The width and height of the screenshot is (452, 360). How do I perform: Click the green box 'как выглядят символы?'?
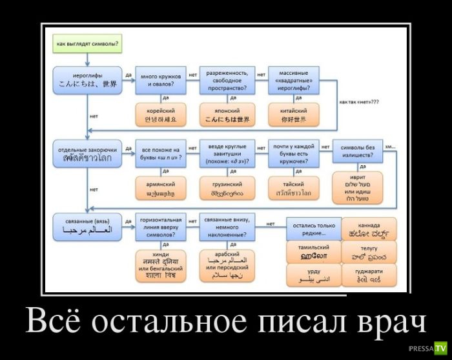pyautogui.click(x=83, y=45)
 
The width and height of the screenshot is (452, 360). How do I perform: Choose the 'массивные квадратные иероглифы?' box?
pyautogui.click(x=294, y=79)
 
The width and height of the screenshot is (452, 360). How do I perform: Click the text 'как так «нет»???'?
pyautogui.click(x=358, y=102)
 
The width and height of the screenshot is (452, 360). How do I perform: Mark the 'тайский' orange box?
pyautogui.click(x=294, y=187)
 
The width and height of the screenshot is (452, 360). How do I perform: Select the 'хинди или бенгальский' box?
pyautogui.click(x=161, y=265)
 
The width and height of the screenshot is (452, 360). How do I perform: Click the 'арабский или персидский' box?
pyautogui.click(x=227, y=265)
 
